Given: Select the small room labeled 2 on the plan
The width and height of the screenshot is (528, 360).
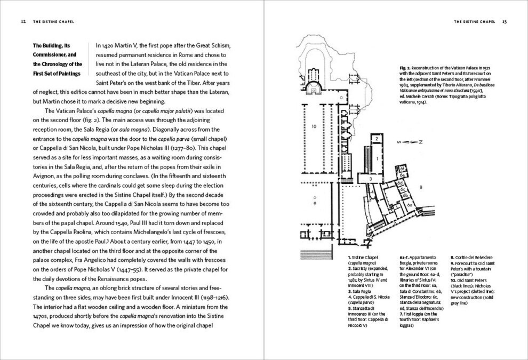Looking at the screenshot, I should [376, 139].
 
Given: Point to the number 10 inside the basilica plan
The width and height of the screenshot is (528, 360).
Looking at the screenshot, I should [314, 126].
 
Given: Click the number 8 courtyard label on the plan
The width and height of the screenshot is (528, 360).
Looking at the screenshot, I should [420, 187].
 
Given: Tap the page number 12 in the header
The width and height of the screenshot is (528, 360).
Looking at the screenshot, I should [23, 22].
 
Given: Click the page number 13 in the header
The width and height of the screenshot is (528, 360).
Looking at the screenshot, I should [504, 22].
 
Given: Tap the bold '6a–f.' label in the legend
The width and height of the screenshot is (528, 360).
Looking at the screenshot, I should [406, 258].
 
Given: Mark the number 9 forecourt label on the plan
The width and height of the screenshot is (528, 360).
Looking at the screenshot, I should [315, 203].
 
